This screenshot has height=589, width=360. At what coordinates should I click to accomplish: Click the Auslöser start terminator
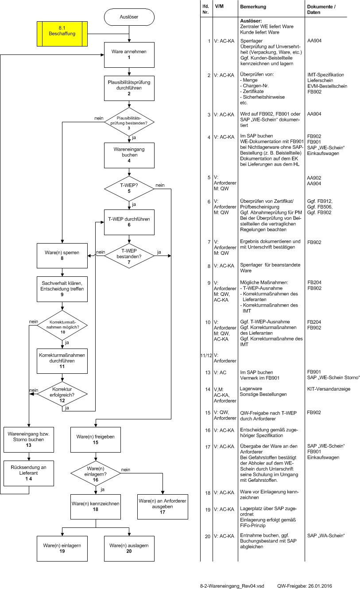pos(129,17)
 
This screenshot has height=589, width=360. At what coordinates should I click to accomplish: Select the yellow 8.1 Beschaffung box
pos(62,34)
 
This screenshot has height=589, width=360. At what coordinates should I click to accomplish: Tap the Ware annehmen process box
pos(129,55)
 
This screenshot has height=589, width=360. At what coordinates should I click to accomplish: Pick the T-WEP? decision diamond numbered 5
pos(129,189)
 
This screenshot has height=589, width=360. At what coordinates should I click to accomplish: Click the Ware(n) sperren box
pos(62,256)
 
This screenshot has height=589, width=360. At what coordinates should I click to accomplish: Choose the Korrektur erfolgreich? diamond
pos(62,395)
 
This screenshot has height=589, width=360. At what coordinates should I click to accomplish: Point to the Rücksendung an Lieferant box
pos(29,473)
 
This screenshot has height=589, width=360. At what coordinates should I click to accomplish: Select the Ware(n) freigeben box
pos(96,440)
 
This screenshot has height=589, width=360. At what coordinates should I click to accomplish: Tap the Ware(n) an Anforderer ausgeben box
pos(163,507)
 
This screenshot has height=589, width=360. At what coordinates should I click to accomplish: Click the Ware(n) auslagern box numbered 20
pos(129,549)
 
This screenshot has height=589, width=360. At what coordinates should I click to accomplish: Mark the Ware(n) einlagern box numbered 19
pos(62,549)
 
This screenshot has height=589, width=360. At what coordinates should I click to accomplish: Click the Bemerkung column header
pos(253,7)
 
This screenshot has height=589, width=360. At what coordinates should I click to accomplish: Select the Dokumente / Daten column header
pos(321,9)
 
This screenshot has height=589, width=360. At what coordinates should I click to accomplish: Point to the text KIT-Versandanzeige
pos(329,389)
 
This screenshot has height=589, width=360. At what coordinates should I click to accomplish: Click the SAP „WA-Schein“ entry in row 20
pos(326,535)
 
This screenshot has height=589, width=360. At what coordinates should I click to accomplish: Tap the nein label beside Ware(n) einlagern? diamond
pos(125,469)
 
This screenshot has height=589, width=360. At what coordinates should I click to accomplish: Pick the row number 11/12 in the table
pos(206,356)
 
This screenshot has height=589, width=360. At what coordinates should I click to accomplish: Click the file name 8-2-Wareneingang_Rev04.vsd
pos(232,586)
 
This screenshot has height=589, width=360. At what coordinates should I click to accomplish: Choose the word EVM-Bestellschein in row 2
pos(327,86)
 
